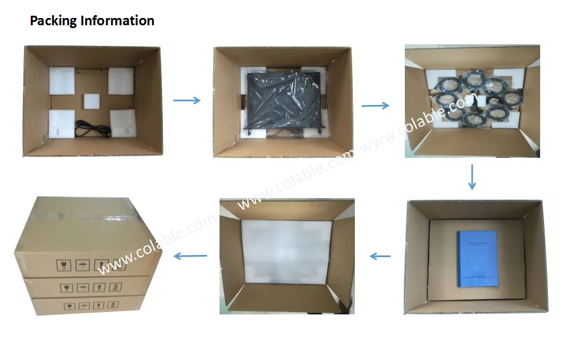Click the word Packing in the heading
click(x=53, y=21)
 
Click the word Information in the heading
click(x=117, y=21)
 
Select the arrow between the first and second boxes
click(x=186, y=100)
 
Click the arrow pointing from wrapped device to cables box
click(x=375, y=105)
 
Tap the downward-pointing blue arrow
click(x=472, y=177)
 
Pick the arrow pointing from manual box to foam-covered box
click(x=380, y=256)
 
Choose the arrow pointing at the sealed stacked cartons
click(x=190, y=256)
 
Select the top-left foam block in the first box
click(x=62, y=81)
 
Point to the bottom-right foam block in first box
click(x=123, y=122)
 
